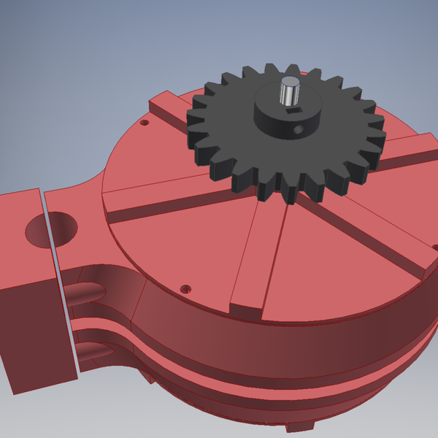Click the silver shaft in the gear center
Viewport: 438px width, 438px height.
(x=289, y=91)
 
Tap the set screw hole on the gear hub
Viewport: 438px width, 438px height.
(x=296, y=129)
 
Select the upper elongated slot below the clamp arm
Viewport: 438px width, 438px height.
(x=91, y=291)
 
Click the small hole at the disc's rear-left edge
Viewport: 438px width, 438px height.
(x=144, y=123)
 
